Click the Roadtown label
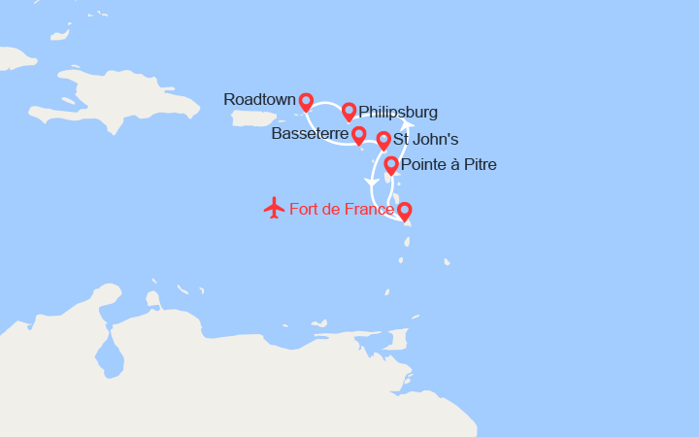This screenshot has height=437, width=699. pyautogui.click(x=258, y=99)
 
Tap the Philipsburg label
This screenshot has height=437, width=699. pyautogui.click(x=398, y=112)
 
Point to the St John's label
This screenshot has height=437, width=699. pyautogui.click(x=426, y=140)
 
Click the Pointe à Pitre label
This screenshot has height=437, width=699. pyautogui.click(x=449, y=165)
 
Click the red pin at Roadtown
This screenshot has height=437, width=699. pyautogui.click(x=306, y=100)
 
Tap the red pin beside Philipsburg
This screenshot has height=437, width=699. pyautogui.click(x=349, y=111)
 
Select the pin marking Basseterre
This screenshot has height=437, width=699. pyautogui.click(x=358, y=134)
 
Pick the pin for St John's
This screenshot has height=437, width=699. pyautogui.click(x=383, y=140)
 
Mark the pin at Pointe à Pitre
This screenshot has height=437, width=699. pyautogui.click(x=391, y=164)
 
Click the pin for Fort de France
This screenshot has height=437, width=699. pyautogui.click(x=404, y=209)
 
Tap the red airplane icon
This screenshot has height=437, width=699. pyautogui.click(x=274, y=208)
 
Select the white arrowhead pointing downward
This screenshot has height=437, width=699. pyautogui.click(x=370, y=184)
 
